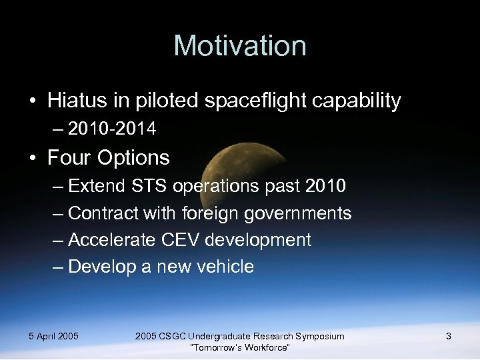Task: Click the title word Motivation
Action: [x=240, y=46]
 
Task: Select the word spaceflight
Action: [x=248, y=101]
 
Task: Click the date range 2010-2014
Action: [x=112, y=129]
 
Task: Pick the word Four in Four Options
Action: [x=69, y=158]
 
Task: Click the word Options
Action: [x=133, y=158]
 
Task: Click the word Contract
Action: [x=100, y=213]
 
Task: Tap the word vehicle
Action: [x=224, y=267]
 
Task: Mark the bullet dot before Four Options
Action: [x=32, y=159]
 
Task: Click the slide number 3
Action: [x=449, y=336]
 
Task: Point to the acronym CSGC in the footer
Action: [x=172, y=336]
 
